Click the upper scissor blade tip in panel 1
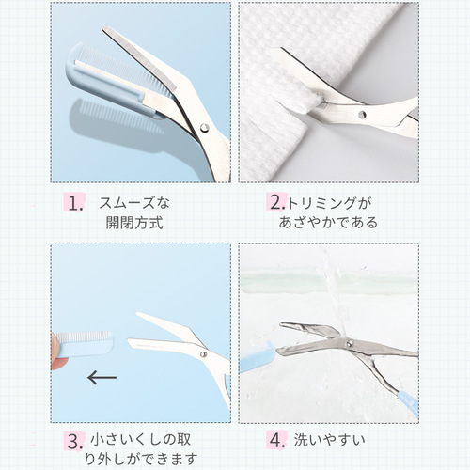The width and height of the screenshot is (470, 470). pos(105,30)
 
